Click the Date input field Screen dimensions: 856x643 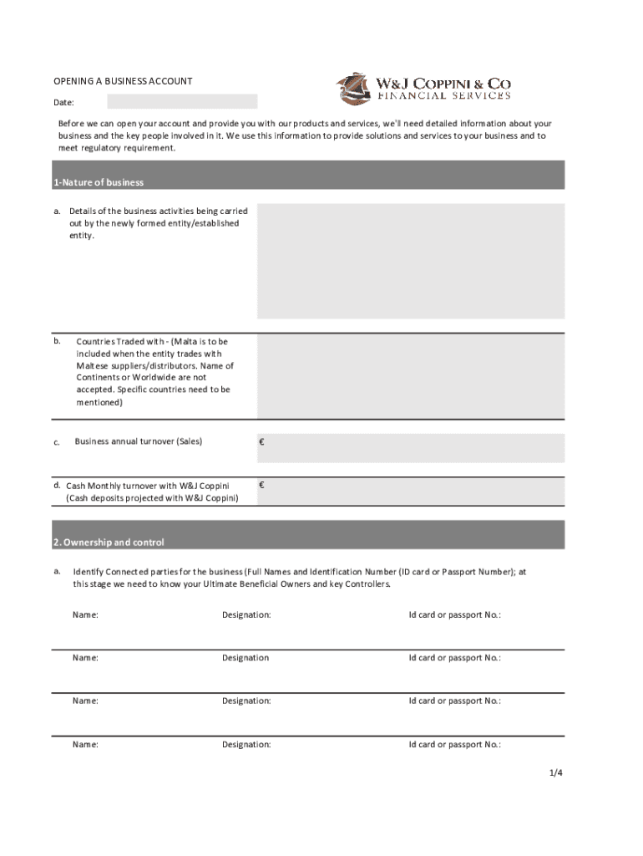pos(182,102)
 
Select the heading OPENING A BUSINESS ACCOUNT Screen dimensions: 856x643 pos(123,81)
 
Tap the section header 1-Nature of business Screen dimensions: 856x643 pos(99,182)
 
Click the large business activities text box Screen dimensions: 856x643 pos(410,261)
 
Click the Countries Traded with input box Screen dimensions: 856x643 pos(410,376)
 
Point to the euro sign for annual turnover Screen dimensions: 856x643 pos(262,442)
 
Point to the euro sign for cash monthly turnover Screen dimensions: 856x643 pos(262,485)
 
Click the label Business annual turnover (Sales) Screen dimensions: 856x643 pos(138,441)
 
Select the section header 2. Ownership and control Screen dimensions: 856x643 pos(109,543)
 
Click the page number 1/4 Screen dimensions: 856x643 pos(556,773)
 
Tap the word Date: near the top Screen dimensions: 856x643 pos(64,103)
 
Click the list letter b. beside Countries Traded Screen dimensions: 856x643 pos(57,341)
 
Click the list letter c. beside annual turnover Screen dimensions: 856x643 pos(57,442)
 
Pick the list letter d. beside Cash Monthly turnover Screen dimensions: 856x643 pos(57,485)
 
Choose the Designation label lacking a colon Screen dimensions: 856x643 pos(246,658)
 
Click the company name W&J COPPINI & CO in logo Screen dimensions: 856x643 pos(443,84)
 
